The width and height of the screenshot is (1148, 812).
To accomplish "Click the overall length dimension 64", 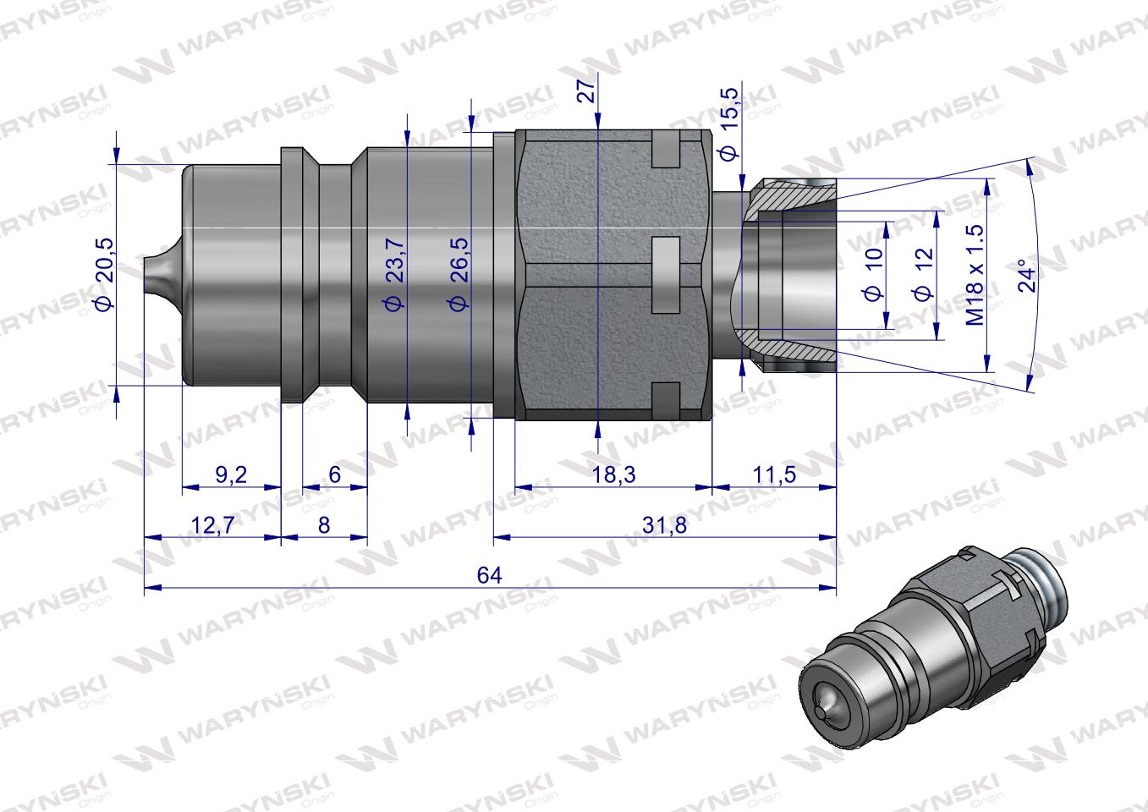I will coord(490,575).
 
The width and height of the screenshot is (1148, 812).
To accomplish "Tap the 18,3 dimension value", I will coord(614,475).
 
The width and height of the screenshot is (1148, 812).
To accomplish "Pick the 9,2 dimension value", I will coord(231,475).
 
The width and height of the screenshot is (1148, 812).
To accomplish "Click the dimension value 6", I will coord(334,475).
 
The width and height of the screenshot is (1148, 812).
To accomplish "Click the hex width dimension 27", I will coord(585,87).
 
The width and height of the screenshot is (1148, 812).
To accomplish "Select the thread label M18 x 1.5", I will coord(975,275).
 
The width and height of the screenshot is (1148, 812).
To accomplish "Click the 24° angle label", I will coord(1026,276).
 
